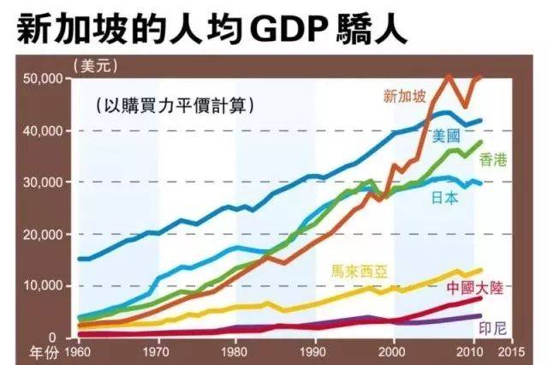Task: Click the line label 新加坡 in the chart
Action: (x=405, y=96)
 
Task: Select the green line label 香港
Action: (x=494, y=159)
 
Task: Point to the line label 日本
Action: (x=446, y=197)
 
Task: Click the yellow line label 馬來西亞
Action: (x=360, y=272)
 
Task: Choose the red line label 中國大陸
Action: (x=474, y=288)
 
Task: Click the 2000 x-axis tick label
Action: (x=394, y=351)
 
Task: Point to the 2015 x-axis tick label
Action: (x=512, y=351)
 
